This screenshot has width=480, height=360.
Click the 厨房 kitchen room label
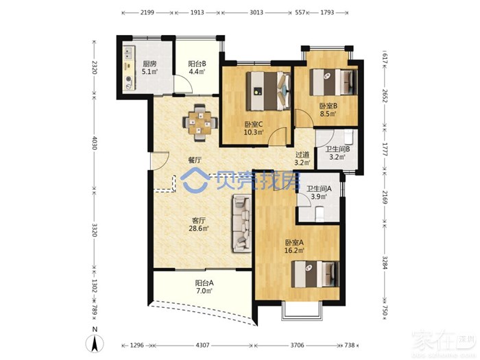click(x=149, y=64)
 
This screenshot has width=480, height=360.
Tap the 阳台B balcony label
click(x=197, y=64)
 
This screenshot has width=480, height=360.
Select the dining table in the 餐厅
click(x=200, y=123)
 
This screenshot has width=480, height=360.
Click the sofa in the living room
click(x=242, y=224)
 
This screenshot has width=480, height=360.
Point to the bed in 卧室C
click(x=269, y=91)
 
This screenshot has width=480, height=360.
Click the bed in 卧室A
click(x=315, y=274)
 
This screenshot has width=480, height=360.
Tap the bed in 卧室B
click(x=334, y=82)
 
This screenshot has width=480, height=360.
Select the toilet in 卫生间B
click(x=349, y=136)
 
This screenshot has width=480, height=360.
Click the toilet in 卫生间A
click(x=320, y=214)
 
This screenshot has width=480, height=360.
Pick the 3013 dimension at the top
click(x=256, y=12)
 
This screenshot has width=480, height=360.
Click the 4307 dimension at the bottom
click(x=202, y=346)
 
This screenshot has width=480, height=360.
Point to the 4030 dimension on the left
click(x=94, y=143)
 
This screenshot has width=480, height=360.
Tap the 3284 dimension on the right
click(x=385, y=263)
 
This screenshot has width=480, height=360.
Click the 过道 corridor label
click(x=302, y=155)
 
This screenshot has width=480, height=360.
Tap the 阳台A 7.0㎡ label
click(x=204, y=287)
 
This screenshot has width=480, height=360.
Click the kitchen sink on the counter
click(x=128, y=53)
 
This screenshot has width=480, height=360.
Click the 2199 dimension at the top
click(x=147, y=12)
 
